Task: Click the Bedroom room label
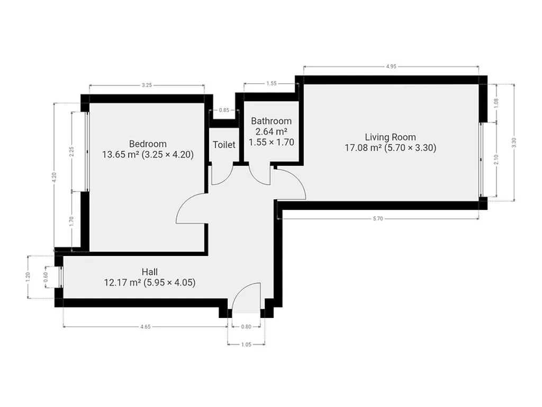(148, 144)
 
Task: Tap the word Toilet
(224, 145)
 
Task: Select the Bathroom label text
(272, 121)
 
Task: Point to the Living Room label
(390, 137)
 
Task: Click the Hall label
(150, 272)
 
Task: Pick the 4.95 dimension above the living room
(391, 66)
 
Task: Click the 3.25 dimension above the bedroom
(147, 85)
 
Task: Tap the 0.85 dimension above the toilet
(224, 110)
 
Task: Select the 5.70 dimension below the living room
(378, 219)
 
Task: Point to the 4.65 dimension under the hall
(146, 326)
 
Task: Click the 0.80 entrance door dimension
(246, 326)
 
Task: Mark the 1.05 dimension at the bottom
(246, 344)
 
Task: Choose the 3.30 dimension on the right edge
(514, 142)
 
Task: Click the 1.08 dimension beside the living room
(496, 103)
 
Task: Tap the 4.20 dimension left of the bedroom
(55, 177)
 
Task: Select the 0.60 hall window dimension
(46, 277)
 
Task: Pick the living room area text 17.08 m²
(363, 148)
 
